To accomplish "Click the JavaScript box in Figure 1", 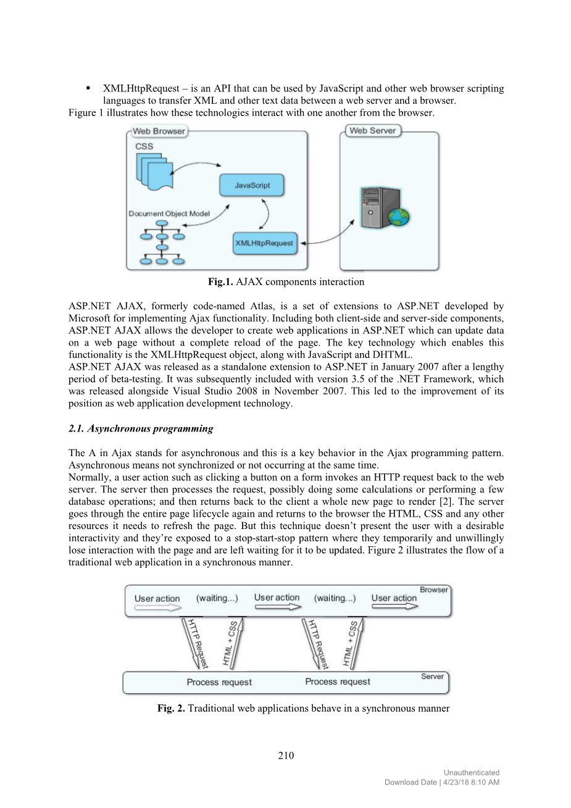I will tap(252, 185).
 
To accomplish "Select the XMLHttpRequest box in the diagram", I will tap(264, 243).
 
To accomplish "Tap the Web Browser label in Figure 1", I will tap(159, 131).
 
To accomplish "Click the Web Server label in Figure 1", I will tap(372, 130).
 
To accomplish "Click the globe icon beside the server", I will tap(399, 217).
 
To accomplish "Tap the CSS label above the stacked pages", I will tap(144, 146).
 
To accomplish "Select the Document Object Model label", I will tap(169, 214).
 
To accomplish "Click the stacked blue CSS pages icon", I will tap(153, 170).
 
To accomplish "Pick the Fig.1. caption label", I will tap(220, 282).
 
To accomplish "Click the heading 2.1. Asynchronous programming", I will tap(141, 428).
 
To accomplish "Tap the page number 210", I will tap(286, 756).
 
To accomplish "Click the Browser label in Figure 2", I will tap(434, 589).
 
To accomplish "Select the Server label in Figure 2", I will tap(432, 677).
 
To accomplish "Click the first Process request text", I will tap(219, 682).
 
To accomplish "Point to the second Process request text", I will tap(338, 681).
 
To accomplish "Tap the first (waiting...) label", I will tap(217, 598).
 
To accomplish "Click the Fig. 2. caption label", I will tap(171, 708).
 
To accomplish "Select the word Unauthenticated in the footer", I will tap(472, 772).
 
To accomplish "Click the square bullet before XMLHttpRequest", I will tap(89, 88).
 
